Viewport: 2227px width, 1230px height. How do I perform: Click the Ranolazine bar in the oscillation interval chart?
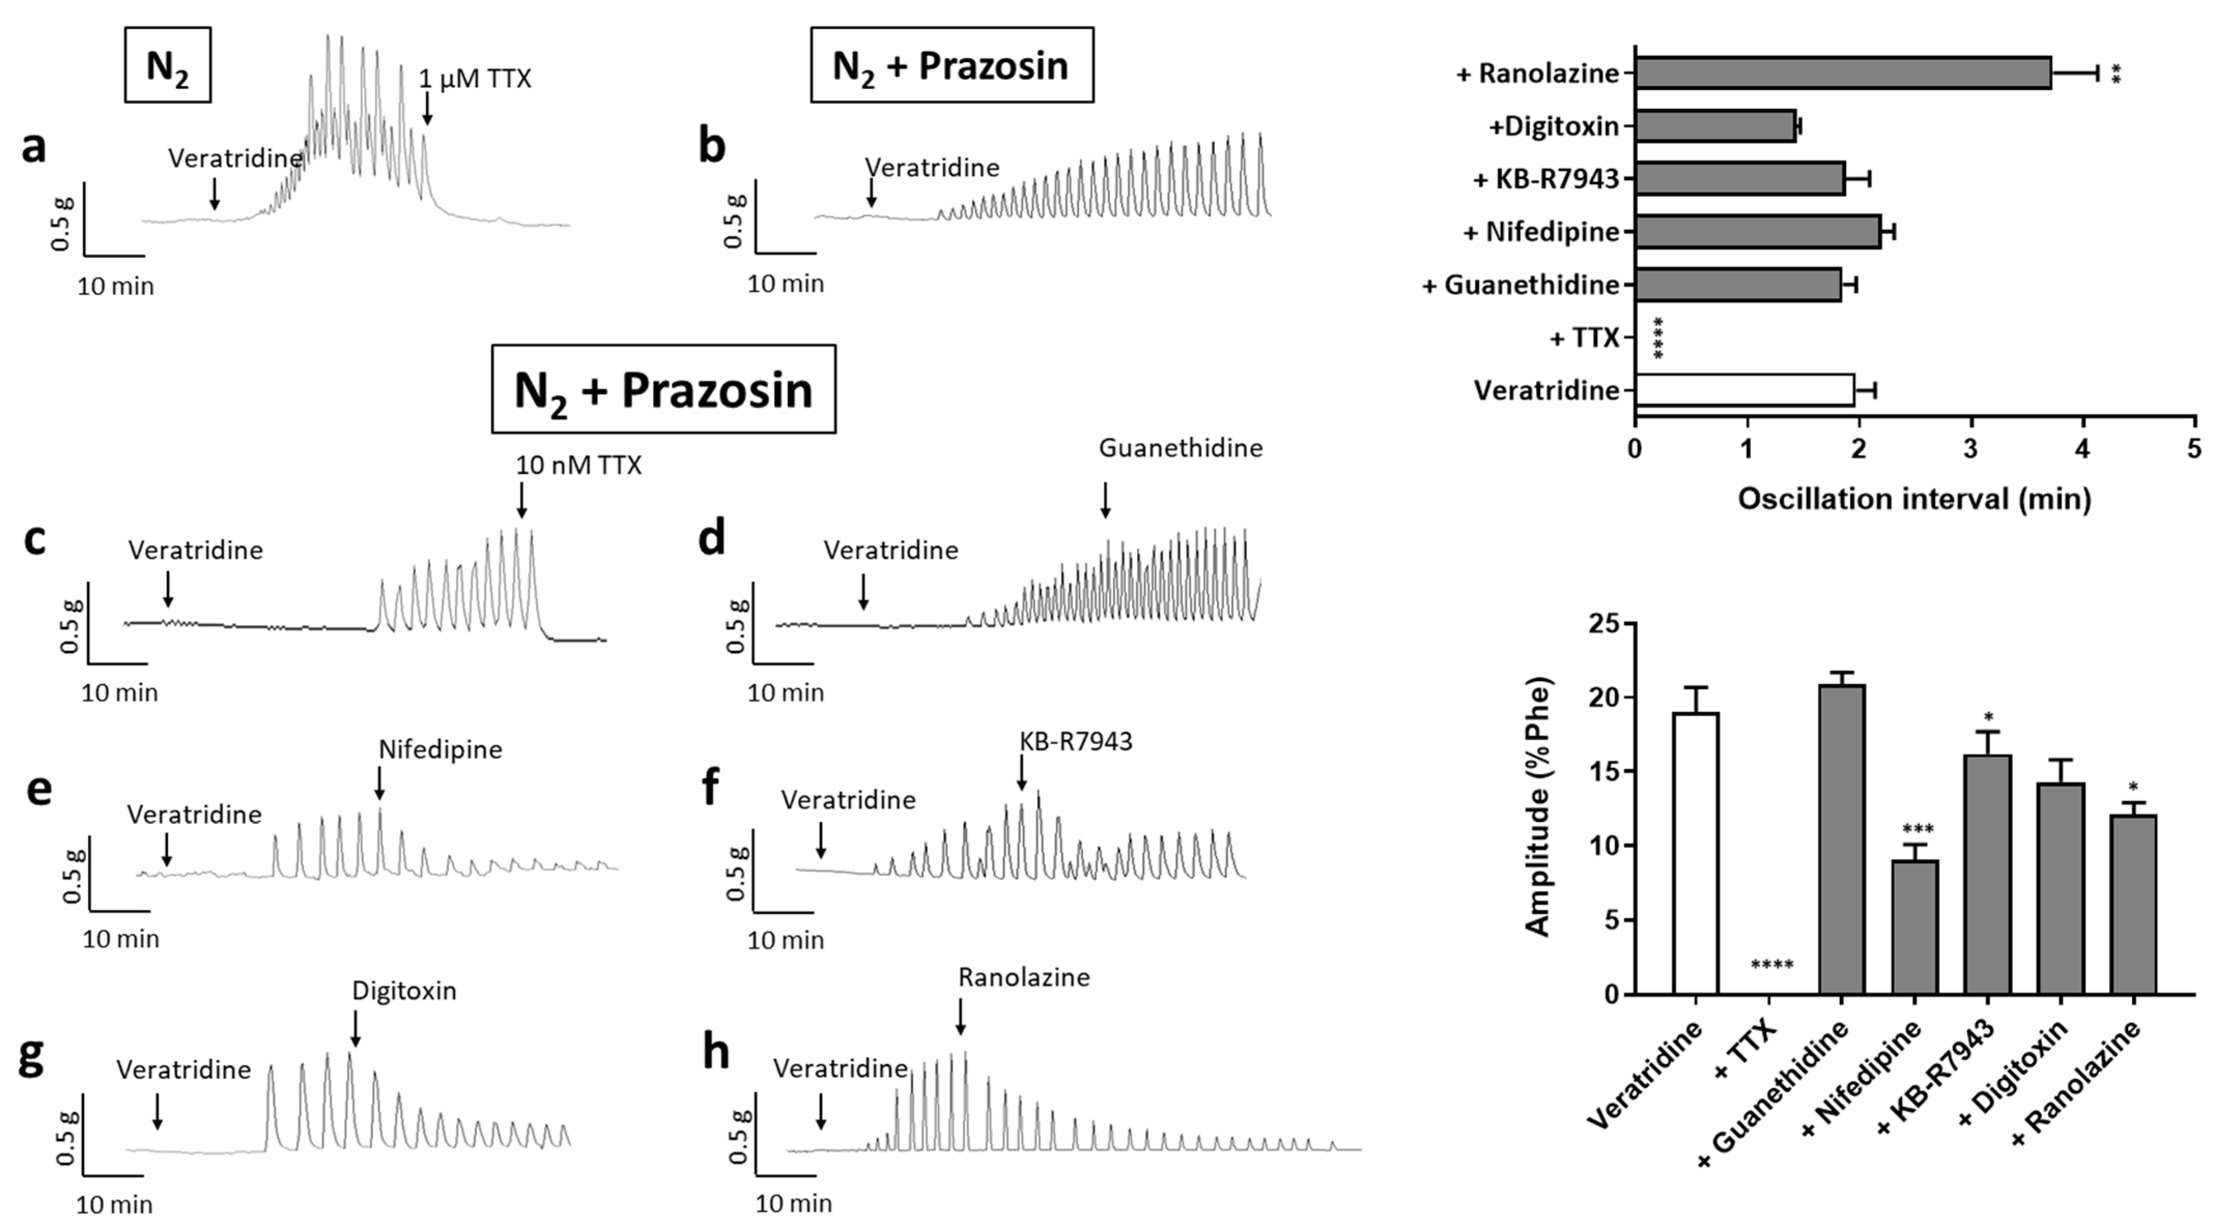[x=1841, y=73]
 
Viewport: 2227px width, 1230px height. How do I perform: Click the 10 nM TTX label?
[x=578, y=466]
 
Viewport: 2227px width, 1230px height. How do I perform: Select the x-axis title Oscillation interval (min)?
[x=1914, y=500]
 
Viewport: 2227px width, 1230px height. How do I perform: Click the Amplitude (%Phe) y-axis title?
[x=1539, y=806]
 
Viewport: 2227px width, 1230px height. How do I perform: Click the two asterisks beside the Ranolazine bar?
[x=2116, y=74]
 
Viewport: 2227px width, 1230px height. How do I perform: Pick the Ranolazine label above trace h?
[x=1023, y=978]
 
